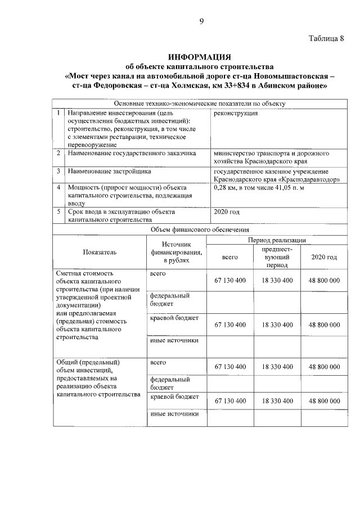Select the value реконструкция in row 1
[x=236, y=113]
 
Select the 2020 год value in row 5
[x=227, y=212]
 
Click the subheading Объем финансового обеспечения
[x=200, y=229]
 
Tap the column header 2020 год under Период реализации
[x=323, y=257]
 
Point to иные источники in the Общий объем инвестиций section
[x=175, y=415]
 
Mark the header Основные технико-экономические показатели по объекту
[x=200, y=103]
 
